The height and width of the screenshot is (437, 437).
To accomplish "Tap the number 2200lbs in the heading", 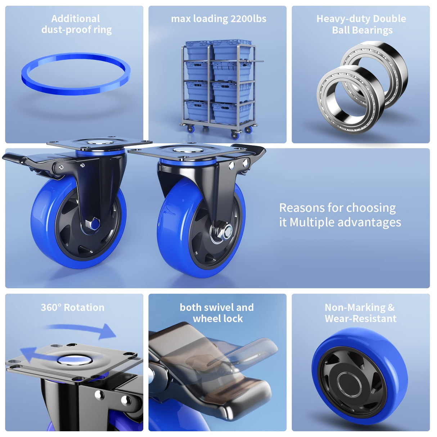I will click(x=248, y=19).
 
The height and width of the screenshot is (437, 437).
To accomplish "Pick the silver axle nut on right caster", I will click(x=226, y=232).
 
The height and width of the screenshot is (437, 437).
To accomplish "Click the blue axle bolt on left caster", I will click(x=95, y=224).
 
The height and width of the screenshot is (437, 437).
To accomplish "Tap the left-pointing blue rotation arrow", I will click(x=36, y=355).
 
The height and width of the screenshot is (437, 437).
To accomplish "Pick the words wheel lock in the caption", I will click(x=218, y=319).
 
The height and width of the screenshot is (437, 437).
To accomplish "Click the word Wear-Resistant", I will click(x=360, y=319).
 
